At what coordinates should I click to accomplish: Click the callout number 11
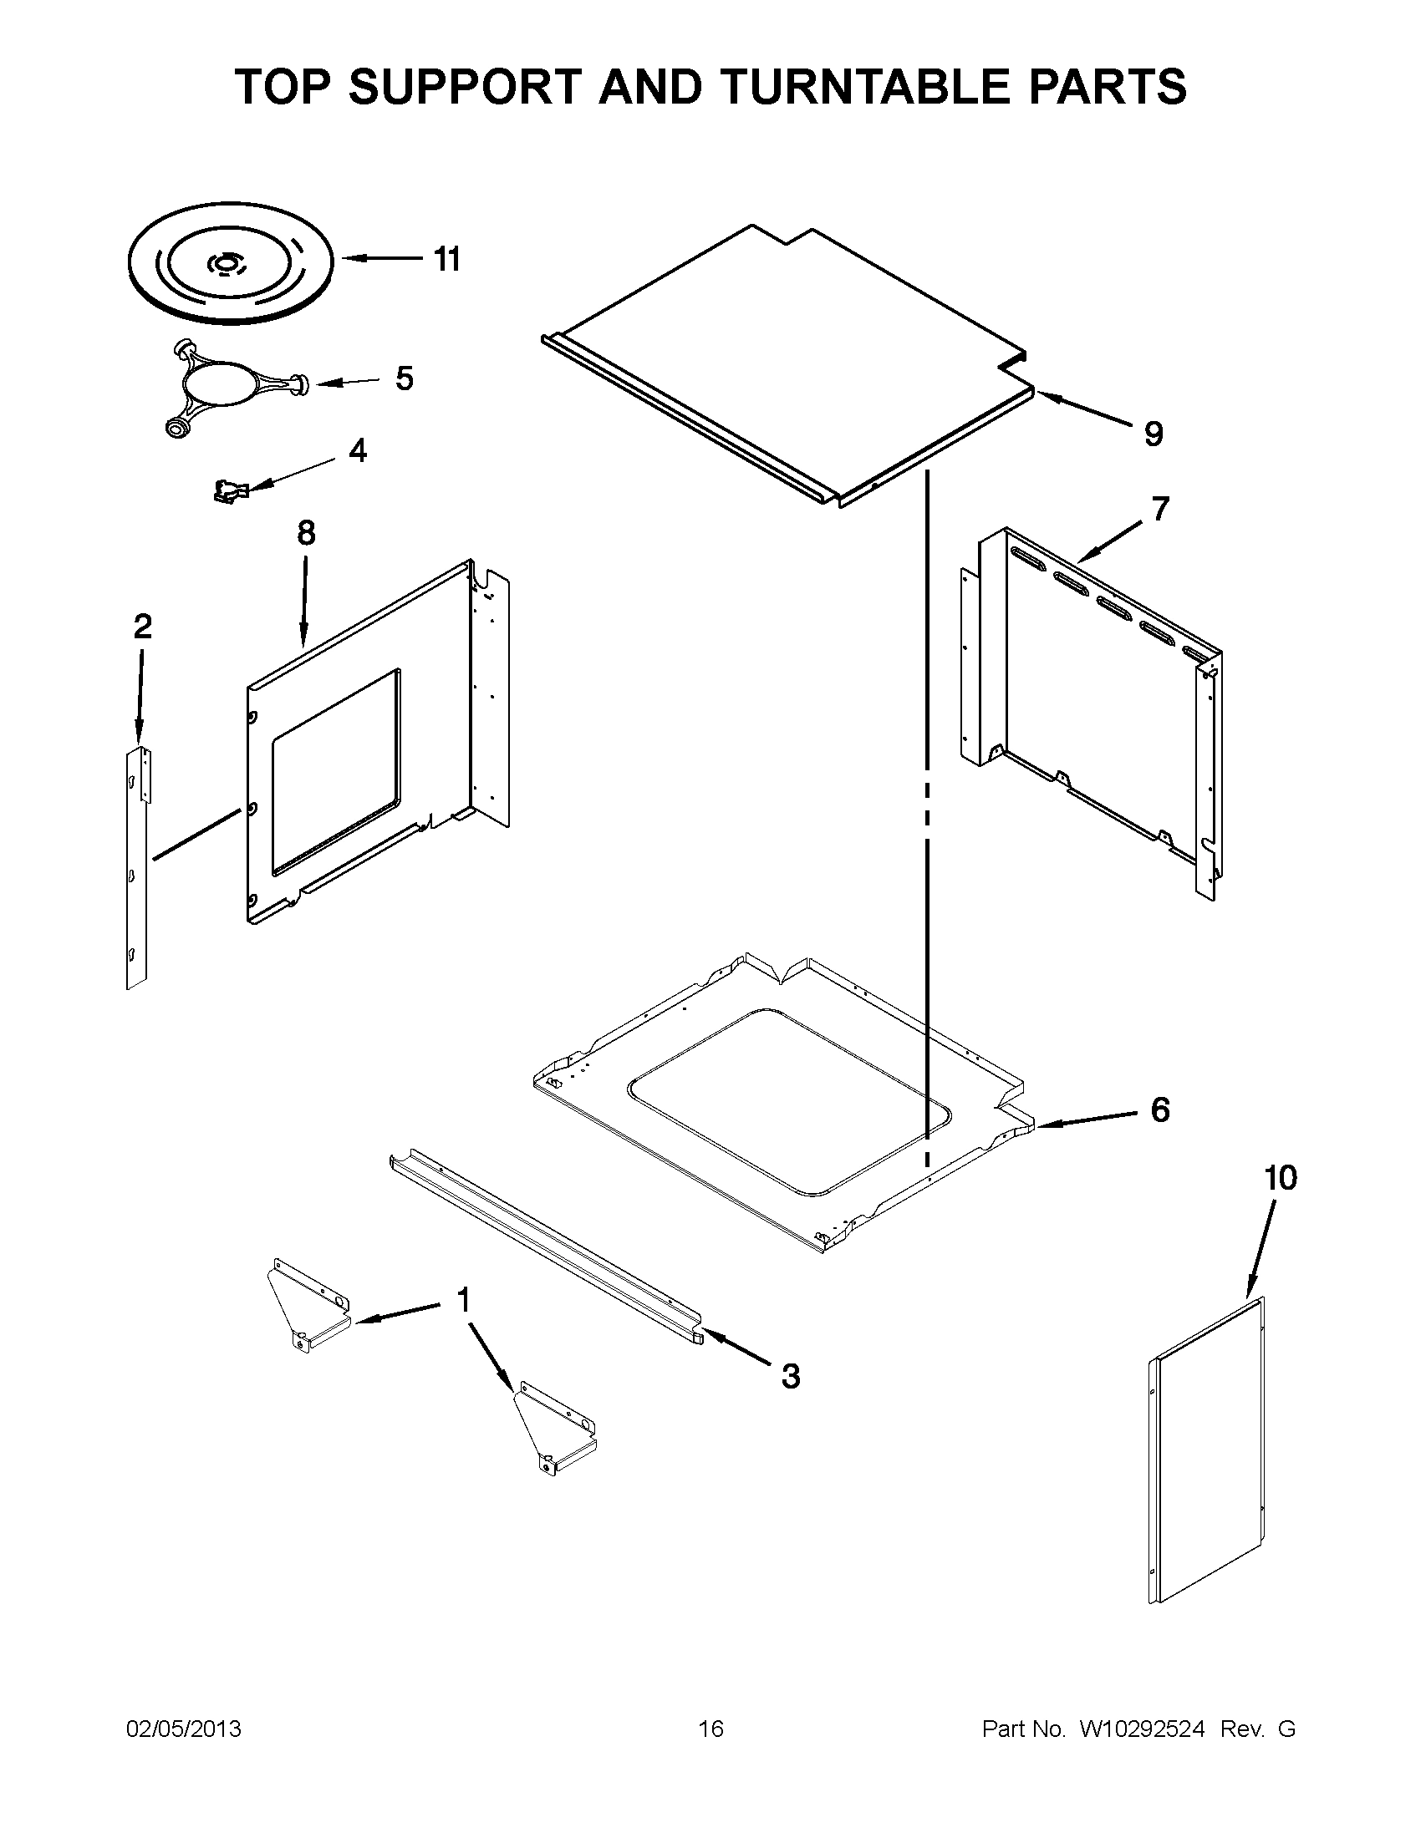tap(447, 260)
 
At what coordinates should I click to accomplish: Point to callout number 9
tap(1154, 434)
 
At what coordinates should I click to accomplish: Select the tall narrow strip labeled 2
tap(136, 867)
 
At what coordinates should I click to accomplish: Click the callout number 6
tap(1160, 1110)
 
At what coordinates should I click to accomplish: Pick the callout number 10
tap(1280, 1178)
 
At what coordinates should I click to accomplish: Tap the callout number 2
tap(142, 626)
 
